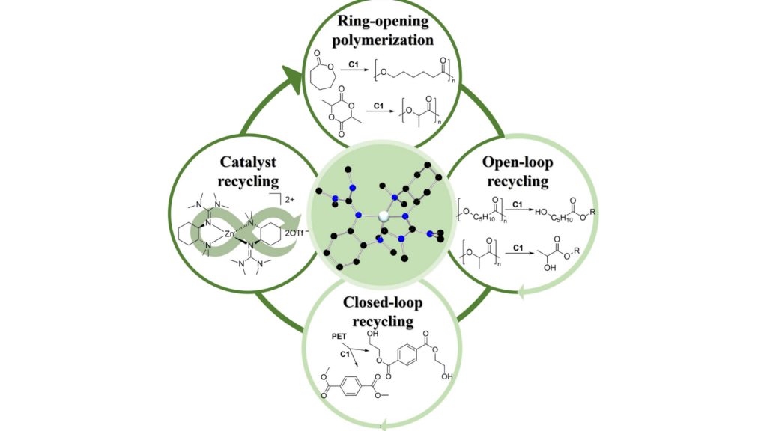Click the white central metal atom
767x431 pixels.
tap(383, 215)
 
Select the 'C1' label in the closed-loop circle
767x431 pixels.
tap(346, 352)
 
